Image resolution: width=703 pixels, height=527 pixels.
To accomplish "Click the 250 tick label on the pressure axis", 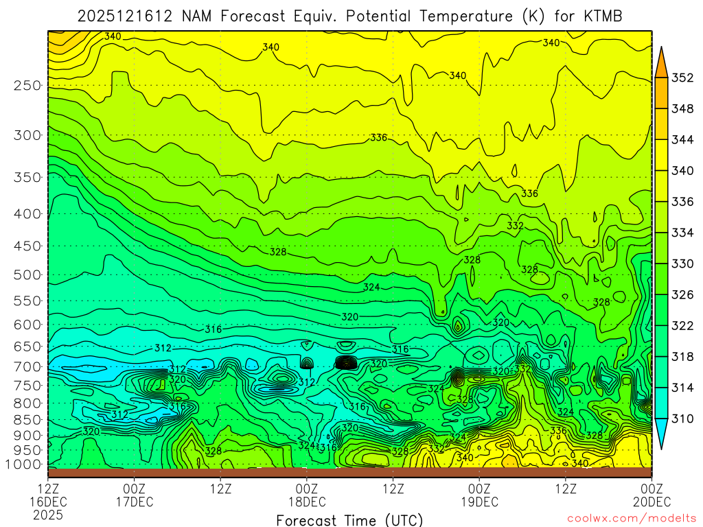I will pos(27,86).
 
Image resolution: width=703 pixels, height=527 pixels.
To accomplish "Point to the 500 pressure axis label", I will pos(27,275).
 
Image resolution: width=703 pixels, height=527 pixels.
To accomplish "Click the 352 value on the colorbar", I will pos(683,78).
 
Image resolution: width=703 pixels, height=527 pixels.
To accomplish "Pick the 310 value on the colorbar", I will pos(683,419).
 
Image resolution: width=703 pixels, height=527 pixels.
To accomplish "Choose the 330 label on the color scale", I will pos(683,264).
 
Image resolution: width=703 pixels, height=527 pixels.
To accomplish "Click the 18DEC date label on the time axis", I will pos(306,502).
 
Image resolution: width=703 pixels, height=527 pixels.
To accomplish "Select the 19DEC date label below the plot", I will pos(479,502).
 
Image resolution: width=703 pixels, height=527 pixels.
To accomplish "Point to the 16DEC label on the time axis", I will pos(47,502).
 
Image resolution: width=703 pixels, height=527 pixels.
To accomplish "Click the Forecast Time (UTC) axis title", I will pos(349,519).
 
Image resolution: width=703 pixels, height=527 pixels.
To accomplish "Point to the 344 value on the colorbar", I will pos(683,140).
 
